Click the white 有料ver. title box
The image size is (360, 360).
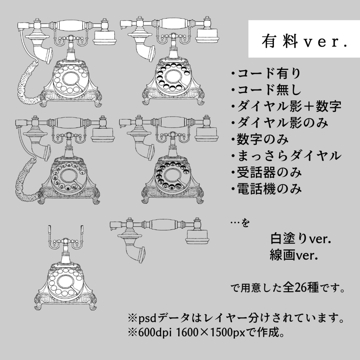[x=304, y=39]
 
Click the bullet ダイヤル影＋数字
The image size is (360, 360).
[x=286, y=107]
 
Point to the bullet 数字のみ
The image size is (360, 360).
[x=260, y=140]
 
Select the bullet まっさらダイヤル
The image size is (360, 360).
[x=286, y=156]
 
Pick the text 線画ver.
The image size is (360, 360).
[x=294, y=254]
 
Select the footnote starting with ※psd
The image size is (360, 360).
[x=236, y=319]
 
